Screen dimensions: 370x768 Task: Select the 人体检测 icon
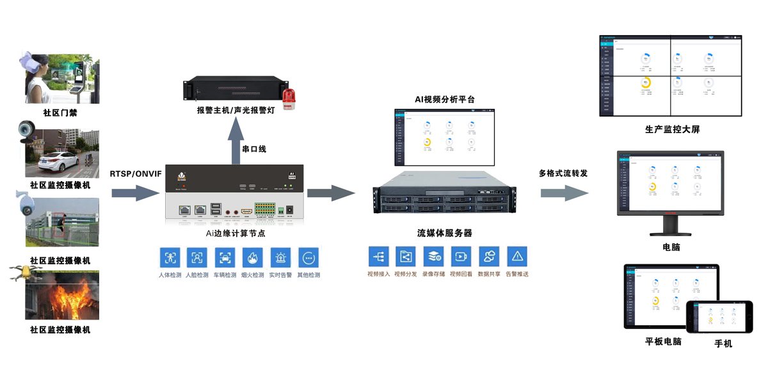coord(170,257)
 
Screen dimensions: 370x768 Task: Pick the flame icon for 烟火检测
coord(253,257)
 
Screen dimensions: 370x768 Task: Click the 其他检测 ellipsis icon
coord(308,257)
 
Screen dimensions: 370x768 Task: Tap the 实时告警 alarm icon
coord(280,257)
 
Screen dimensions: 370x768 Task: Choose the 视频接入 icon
coord(378,257)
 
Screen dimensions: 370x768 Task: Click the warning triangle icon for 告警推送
coord(516,257)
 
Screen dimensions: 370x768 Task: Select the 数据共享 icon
coord(489,257)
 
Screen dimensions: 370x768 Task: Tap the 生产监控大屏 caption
coord(672,129)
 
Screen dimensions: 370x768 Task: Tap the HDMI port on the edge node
coord(246,210)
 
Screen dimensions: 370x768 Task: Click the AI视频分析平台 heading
coord(444,99)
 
